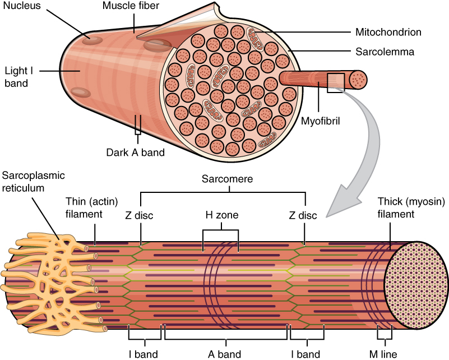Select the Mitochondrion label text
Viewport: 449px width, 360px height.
(x=388, y=32)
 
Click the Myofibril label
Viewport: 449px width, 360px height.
(x=321, y=119)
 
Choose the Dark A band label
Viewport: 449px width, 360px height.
(x=135, y=152)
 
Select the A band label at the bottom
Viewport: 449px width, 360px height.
(x=224, y=354)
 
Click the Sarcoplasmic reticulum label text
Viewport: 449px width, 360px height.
(x=33, y=182)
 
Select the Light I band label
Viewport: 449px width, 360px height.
(x=16, y=77)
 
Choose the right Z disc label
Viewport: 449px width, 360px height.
(x=303, y=215)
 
